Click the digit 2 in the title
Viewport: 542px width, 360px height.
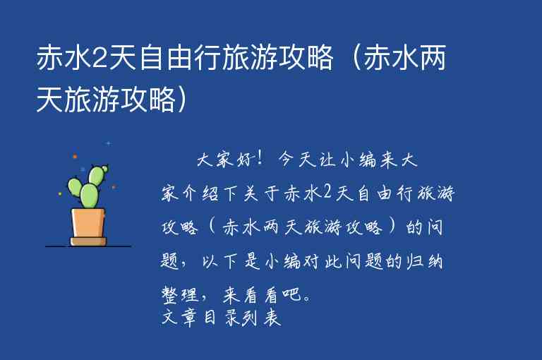(100, 61)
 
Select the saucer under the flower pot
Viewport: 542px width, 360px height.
(88, 241)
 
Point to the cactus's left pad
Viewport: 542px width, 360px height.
(75, 187)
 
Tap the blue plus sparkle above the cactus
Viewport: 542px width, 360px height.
(108, 143)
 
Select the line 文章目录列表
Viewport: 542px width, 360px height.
(222, 318)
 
